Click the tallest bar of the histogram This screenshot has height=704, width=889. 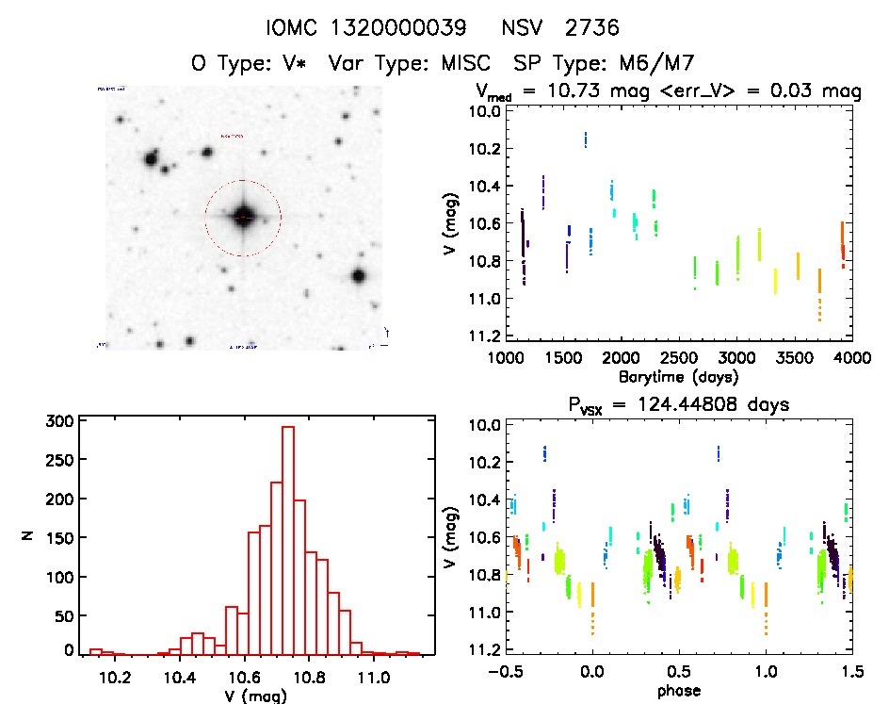(288, 537)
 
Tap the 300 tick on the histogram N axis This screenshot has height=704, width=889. (58, 421)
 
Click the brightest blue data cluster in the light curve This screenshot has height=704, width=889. (586, 139)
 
